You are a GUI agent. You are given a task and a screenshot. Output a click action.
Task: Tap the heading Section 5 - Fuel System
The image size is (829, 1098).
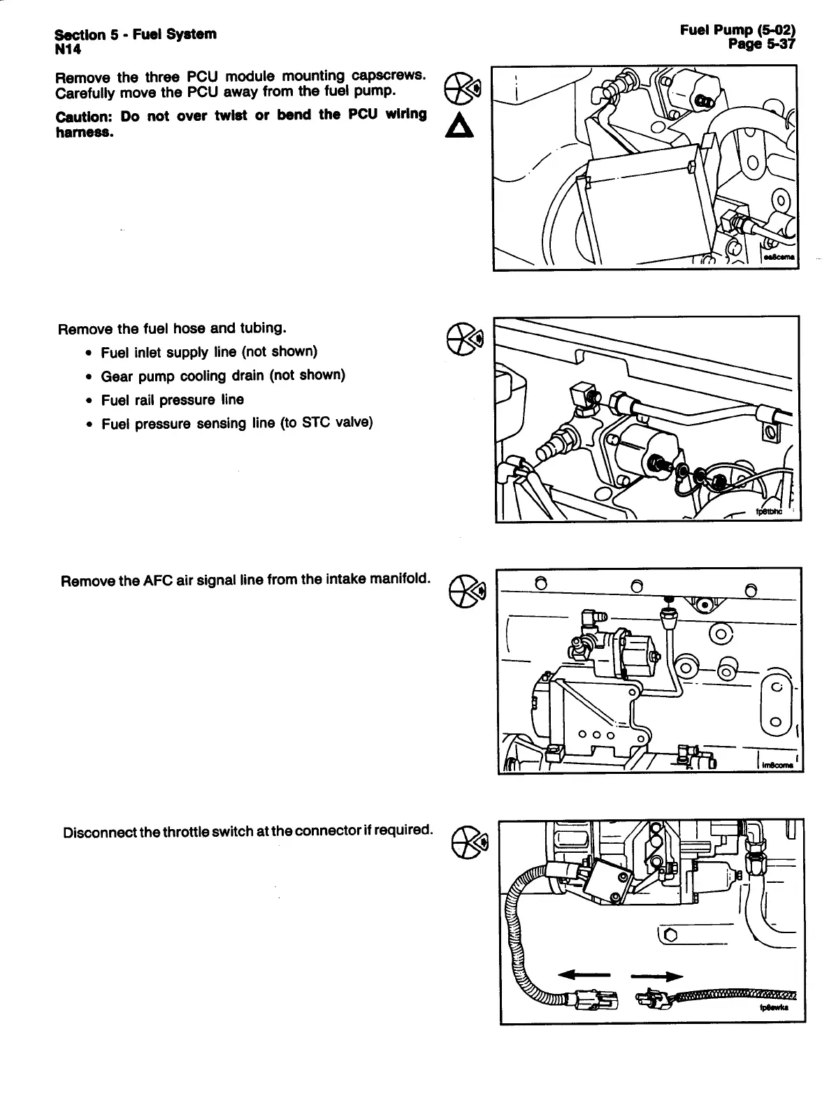pyautogui.click(x=135, y=34)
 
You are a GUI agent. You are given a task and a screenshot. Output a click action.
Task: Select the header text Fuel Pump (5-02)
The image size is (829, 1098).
pyautogui.click(x=737, y=30)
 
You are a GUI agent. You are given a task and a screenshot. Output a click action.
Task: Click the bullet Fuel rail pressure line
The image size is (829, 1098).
pyautogui.click(x=172, y=400)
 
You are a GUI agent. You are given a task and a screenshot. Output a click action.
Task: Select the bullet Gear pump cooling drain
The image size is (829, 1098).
pyautogui.click(x=223, y=376)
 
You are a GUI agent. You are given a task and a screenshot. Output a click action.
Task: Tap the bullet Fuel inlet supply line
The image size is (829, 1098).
pyautogui.click(x=209, y=351)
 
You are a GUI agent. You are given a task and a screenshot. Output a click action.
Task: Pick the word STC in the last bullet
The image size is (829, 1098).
pyautogui.click(x=317, y=423)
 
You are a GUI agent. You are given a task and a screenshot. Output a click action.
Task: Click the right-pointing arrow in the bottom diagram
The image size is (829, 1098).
pyautogui.click(x=656, y=976)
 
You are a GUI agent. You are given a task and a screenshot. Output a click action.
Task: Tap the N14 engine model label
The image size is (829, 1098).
pyautogui.click(x=68, y=48)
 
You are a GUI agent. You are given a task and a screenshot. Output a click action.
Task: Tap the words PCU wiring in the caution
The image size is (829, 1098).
pyautogui.click(x=384, y=115)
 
